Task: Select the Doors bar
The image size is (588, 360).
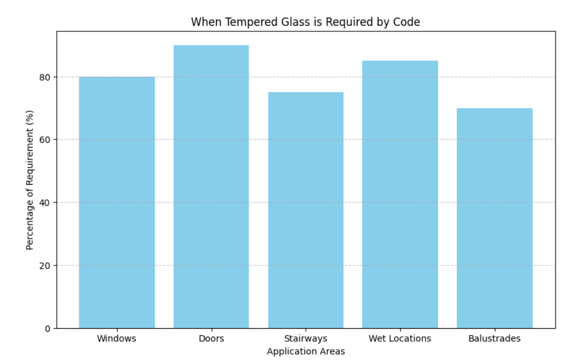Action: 211,187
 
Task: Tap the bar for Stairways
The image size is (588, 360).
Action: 306,210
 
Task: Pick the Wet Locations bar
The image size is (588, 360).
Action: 400,195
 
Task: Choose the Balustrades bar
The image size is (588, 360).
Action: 494,218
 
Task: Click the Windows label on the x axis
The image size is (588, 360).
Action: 117,339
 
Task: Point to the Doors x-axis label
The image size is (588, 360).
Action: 211,339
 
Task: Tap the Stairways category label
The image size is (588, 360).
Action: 306,339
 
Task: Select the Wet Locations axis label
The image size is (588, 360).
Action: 400,339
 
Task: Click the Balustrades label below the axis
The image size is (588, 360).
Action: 494,339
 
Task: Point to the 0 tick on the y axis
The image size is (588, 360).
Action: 48,329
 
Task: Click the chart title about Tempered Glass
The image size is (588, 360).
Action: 305,22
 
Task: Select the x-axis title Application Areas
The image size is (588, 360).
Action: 306,351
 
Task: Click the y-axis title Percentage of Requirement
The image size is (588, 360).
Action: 30,180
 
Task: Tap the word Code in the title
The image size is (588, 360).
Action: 409,22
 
